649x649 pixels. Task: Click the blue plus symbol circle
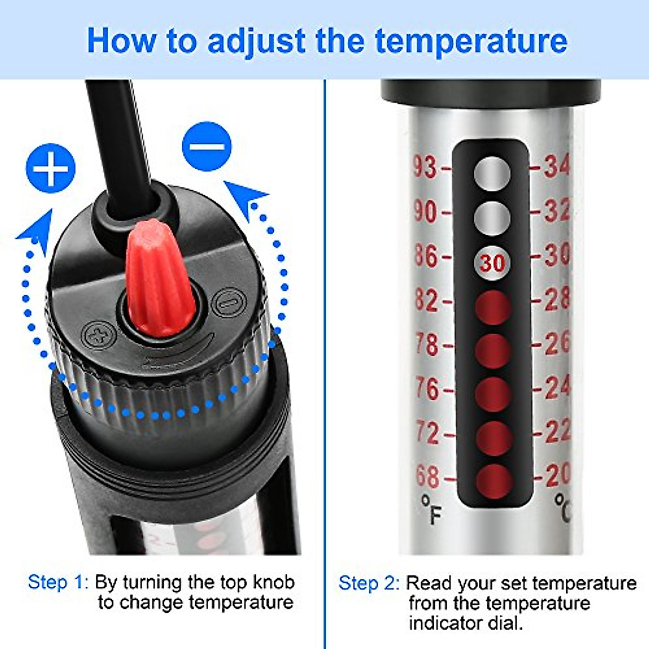coord(50,168)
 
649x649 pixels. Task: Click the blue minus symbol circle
coord(207,146)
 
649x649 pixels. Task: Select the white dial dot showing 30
coord(492,263)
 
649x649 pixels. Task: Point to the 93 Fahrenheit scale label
coord(425,166)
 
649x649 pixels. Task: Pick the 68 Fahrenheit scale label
coord(427,476)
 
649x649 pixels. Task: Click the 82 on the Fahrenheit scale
coord(426,300)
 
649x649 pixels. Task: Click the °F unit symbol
coord(432,509)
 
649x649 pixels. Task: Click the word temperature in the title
coord(471,41)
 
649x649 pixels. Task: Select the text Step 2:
coord(369,584)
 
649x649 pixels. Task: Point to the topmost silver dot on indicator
coord(492,174)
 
